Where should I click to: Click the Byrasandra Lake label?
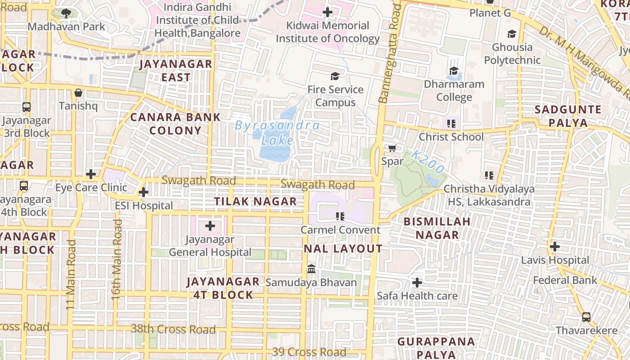coord(277,133)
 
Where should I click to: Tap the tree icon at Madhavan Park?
coord(66,13)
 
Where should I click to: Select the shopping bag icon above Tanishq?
coord(78,93)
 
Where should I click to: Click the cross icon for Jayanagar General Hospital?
coord(210,226)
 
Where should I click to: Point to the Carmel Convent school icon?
coord(340,216)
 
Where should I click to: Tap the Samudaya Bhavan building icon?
coord(311,269)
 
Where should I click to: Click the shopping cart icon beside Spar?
coord(392,148)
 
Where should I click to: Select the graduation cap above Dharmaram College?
coord(454,71)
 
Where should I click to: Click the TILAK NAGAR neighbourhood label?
coord(255,202)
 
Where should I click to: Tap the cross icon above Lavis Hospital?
coord(555,247)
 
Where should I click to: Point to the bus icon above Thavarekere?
coord(586,317)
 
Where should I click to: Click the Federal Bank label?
coord(565,280)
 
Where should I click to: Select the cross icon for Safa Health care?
coord(417,283)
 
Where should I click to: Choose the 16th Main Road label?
coord(117,260)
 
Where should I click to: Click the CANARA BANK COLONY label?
coord(175,124)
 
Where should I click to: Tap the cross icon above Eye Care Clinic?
coord(91,174)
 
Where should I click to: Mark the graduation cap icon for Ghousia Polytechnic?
coord(512,34)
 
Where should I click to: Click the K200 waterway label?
coord(427,162)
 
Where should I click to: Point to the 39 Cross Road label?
coord(309,352)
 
